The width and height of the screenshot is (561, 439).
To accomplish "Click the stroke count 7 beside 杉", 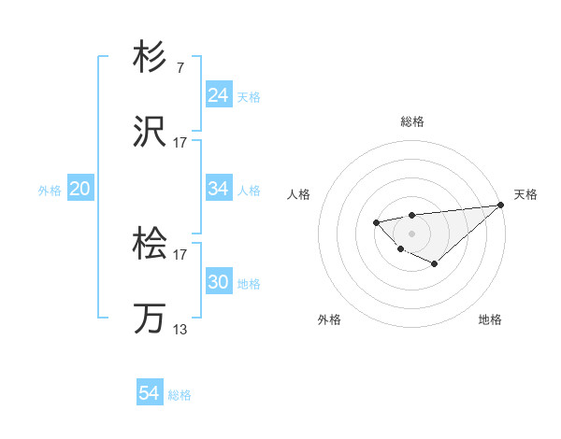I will pos(180,69).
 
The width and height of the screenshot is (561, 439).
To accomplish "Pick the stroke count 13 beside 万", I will pos(180,329).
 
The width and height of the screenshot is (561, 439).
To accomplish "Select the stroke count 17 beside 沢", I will pos(180,143).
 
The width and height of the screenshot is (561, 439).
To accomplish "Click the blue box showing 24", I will pos(218,95).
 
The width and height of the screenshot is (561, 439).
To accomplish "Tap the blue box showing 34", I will pos(218,189).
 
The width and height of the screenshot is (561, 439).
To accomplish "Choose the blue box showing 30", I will pos(218,282).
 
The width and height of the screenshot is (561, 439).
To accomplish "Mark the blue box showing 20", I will pos(79,189).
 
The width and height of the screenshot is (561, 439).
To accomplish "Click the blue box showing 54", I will pos(149,394).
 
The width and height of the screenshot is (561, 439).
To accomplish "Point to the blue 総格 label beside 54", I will pos(180,395).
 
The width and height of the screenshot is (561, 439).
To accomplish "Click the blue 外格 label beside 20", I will pos(50,190).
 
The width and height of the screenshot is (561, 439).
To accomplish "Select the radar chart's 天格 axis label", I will pos(525,194).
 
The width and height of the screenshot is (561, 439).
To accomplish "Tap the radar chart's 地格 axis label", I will pos(490,319).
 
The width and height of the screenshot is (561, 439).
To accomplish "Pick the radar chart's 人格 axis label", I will pos(299,194).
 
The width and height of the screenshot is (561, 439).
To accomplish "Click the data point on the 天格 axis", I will pos(501,205).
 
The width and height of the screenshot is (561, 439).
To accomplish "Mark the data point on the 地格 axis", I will pos(435,264).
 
